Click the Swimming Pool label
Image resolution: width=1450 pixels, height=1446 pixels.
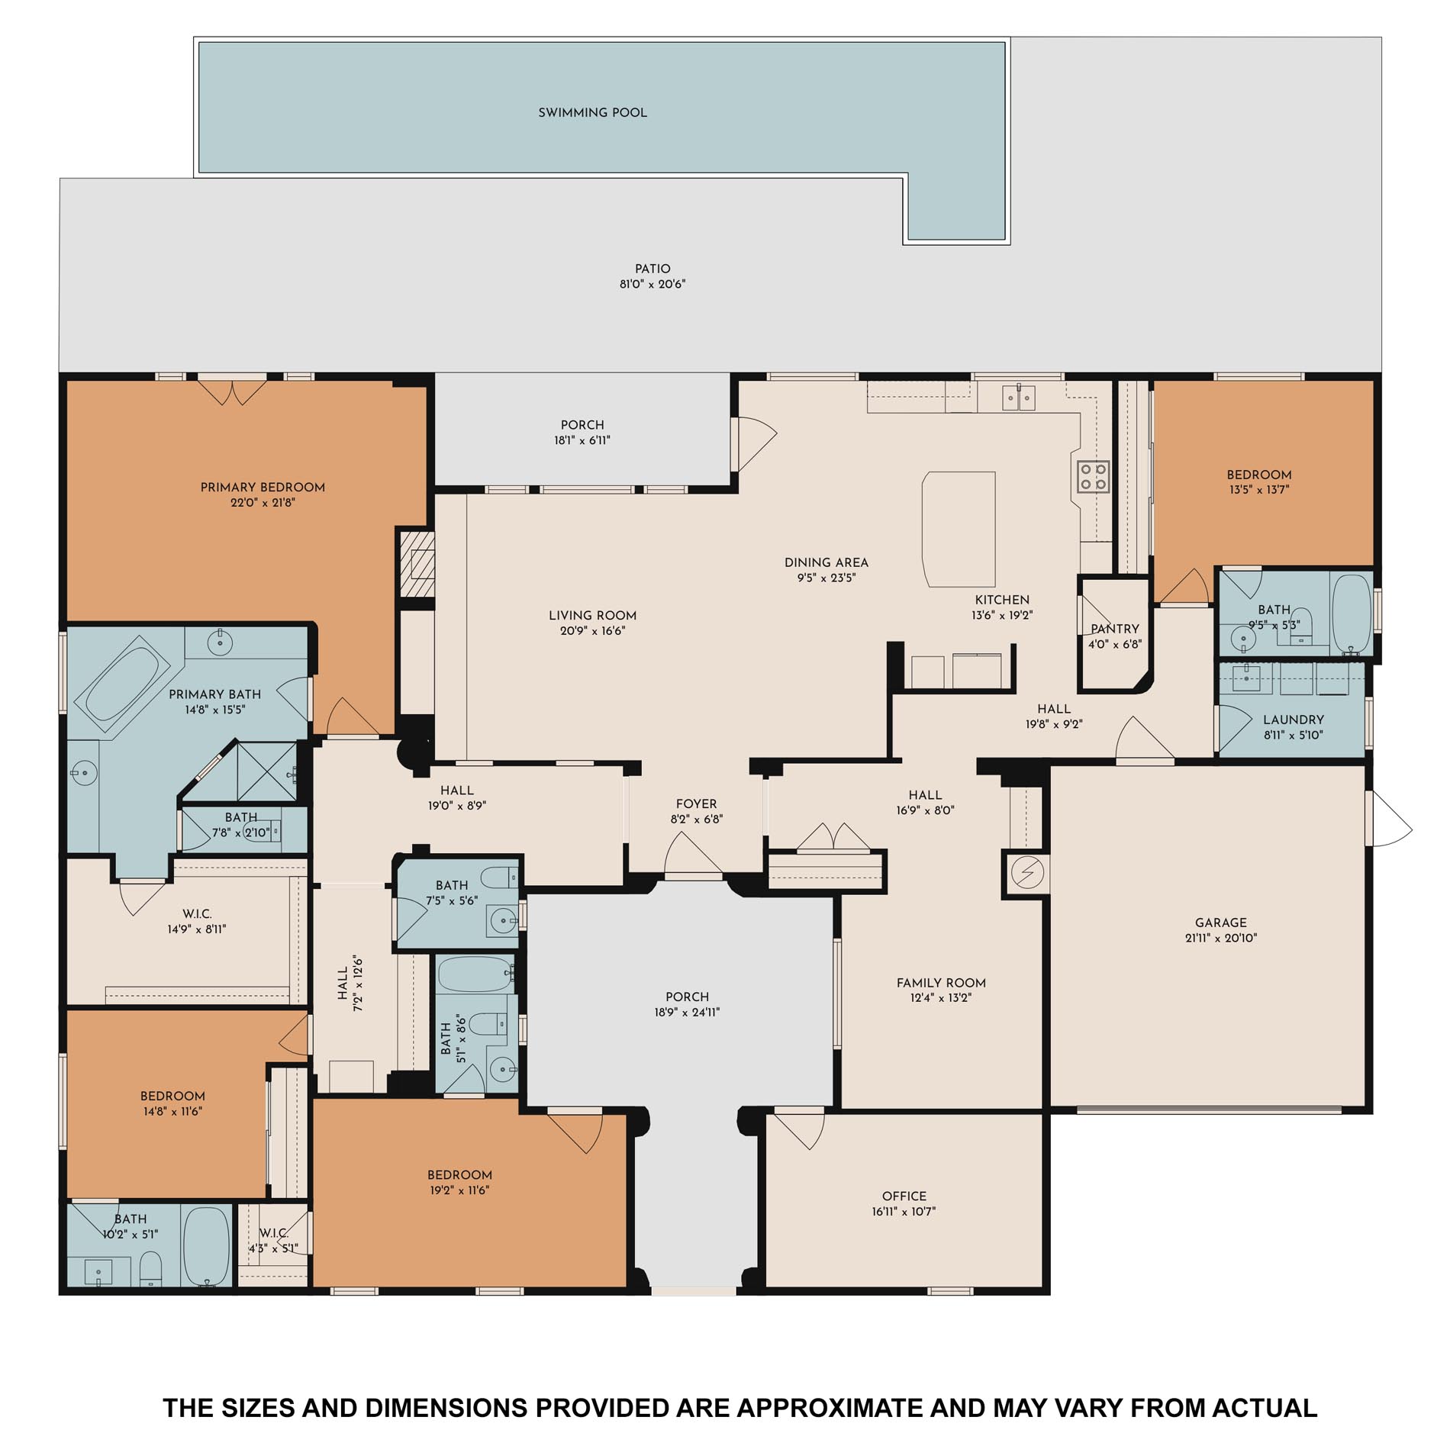(592, 113)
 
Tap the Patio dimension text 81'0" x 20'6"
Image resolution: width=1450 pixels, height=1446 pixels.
(652, 285)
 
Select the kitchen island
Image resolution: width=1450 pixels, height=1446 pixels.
(959, 530)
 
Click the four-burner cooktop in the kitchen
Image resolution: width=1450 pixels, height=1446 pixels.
(1093, 476)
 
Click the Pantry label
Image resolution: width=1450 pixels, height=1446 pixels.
(1114, 630)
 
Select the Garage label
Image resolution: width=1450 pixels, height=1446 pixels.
(1220, 923)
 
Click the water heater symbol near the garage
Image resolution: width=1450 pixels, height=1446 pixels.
(1026, 871)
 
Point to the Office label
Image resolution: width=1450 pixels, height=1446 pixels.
(904, 1196)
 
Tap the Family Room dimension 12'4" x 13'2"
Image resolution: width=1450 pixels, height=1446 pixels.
(940, 998)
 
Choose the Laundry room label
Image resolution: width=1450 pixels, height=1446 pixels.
(1293, 720)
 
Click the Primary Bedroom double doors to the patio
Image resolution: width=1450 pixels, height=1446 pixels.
(232, 391)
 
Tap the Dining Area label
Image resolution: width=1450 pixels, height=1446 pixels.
(826, 563)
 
